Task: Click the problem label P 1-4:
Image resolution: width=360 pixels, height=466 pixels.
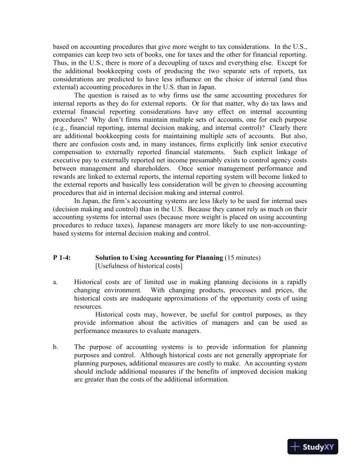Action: click(63, 258)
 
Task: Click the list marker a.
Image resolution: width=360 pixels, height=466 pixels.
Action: click(56, 282)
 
